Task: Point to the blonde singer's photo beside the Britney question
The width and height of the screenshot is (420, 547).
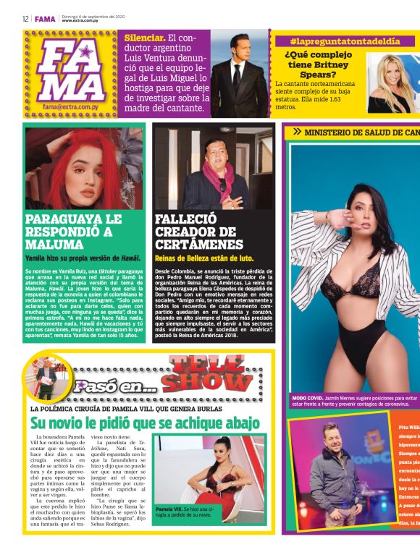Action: tap(390, 83)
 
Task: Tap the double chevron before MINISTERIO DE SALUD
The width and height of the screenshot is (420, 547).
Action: tap(297, 132)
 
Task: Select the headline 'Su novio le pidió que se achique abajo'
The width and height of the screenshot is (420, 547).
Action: tap(145, 423)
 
